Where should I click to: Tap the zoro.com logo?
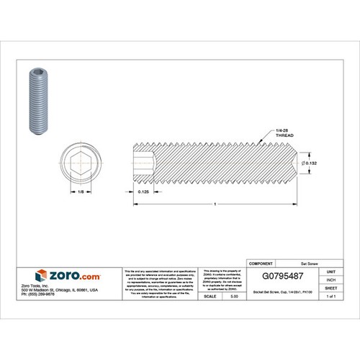click(50, 274)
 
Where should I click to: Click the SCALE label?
click(212, 296)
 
